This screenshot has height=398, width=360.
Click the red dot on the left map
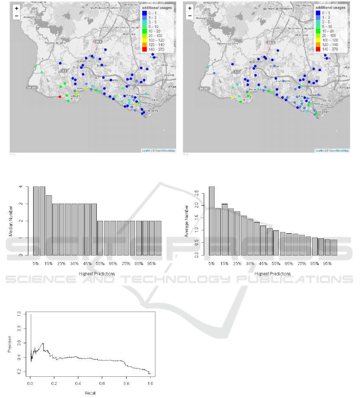click(x=60, y=97)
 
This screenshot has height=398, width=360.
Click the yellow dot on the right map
click(x=232, y=98)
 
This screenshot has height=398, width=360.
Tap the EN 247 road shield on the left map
click(x=32, y=87)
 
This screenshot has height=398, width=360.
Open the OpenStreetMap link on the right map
click(x=339, y=151)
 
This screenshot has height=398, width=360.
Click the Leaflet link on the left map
click(x=146, y=151)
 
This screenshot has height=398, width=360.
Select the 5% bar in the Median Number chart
click(x=36, y=221)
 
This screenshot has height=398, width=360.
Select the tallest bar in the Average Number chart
click(x=211, y=221)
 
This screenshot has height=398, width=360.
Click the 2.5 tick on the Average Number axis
click(x=199, y=193)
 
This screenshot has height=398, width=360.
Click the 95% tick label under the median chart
click(x=152, y=264)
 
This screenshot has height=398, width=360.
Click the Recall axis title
click(x=90, y=393)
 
